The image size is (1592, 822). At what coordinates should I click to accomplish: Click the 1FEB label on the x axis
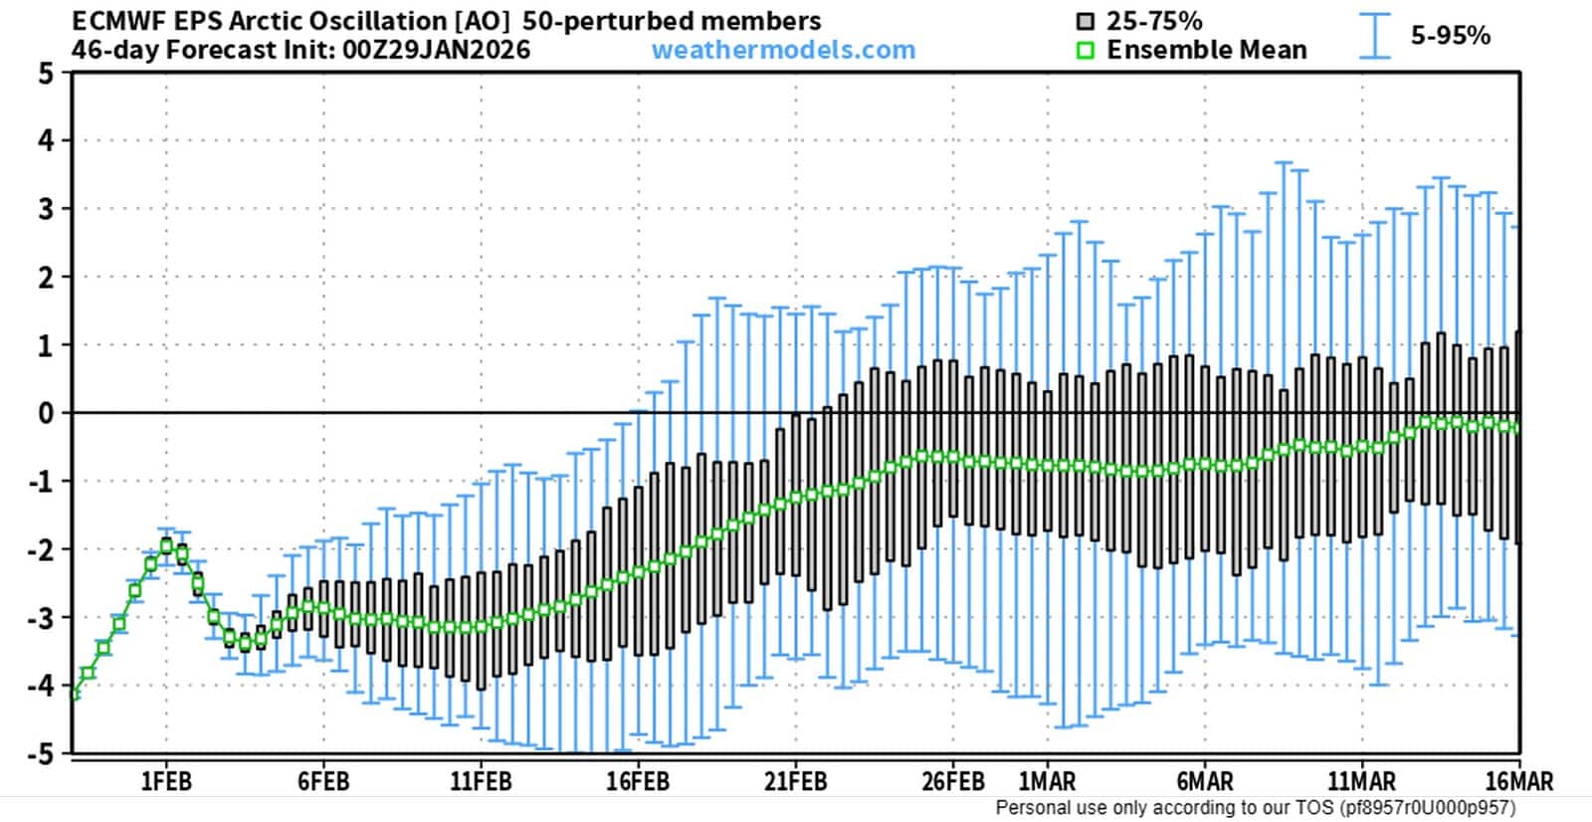(166, 781)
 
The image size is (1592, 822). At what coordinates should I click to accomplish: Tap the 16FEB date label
(638, 781)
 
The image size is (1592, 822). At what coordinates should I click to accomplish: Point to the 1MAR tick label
(1047, 781)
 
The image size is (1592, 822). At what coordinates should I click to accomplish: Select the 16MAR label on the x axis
(1519, 781)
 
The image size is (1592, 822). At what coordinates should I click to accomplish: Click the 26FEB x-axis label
(953, 781)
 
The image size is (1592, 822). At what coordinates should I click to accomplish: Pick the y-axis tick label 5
(46, 74)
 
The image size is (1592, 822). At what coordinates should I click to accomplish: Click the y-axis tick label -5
(41, 753)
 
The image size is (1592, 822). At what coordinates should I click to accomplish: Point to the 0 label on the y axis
(46, 413)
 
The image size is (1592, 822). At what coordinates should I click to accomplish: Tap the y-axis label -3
(41, 618)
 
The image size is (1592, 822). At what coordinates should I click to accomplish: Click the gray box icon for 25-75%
(1086, 22)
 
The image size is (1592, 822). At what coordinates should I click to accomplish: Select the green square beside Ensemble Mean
(1086, 51)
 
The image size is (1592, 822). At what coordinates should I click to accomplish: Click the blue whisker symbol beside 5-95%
(1375, 36)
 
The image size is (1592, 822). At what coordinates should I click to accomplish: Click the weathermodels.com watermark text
(783, 50)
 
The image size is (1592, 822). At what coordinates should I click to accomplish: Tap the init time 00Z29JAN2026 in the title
(437, 50)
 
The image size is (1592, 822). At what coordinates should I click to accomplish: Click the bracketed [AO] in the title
(483, 21)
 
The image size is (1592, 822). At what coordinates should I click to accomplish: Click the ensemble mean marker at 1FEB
(166, 545)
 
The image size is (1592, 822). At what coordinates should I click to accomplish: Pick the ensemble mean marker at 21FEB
(796, 498)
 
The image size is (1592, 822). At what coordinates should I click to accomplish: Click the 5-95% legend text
(1451, 36)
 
